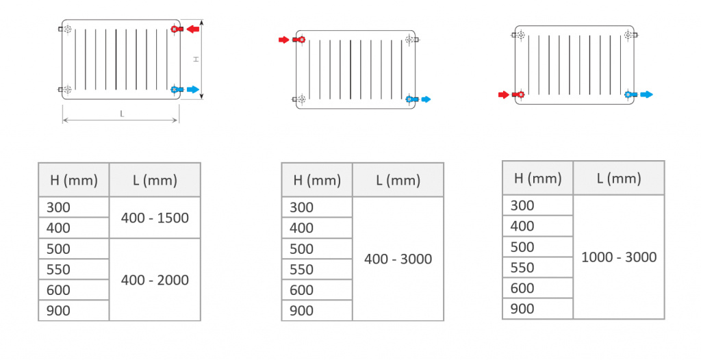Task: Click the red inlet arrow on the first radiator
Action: pyautogui.click(x=192, y=29)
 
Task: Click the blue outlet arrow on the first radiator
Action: pyautogui.click(x=193, y=90)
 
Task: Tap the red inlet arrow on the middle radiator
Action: pyautogui.click(x=284, y=40)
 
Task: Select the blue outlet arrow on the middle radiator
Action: pyautogui.click(x=426, y=99)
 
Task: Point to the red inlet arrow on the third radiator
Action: pyautogui.click(x=504, y=95)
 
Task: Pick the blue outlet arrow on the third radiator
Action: pyautogui.click(x=646, y=94)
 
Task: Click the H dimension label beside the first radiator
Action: pyautogui.click(x=196, y=59)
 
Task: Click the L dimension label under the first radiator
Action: pyautogui.click(x=122, y=114)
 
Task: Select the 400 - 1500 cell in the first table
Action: pyautogui.click(x=155, y=218)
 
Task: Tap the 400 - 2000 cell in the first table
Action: pyautogui.click(x=155, y=279)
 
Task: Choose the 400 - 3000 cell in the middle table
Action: pyautogui.click(x=398, y=259)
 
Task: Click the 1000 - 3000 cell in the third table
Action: pyautogui.click(x=619, y=257)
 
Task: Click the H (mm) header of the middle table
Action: pyautogui.click(x=317, y=180)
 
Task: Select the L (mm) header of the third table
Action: pyautogui.click(x=619, y=179)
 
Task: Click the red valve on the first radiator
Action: pyautogui.click(x=176, y=29)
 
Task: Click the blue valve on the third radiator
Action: pyautogui.click(x=630, y=94)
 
